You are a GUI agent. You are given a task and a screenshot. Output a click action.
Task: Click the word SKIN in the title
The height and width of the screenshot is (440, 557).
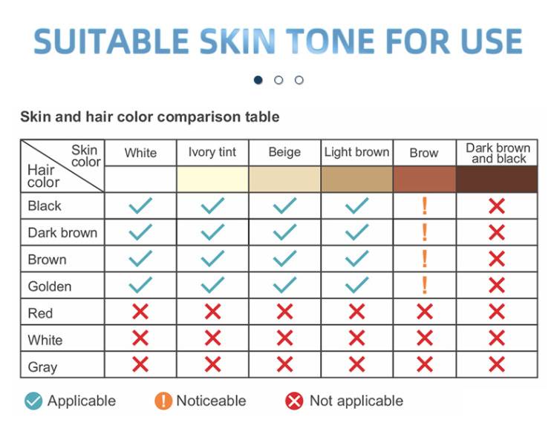coord(238,41)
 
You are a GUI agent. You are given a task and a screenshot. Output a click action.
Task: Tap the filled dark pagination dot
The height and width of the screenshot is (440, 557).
coord(258,80)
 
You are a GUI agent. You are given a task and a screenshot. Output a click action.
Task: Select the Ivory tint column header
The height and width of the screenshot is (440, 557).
coord(212,152)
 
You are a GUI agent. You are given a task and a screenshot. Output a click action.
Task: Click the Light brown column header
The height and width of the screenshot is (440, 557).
coord(356,152)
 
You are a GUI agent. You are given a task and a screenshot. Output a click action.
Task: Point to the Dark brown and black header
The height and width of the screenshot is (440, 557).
coord(498,154)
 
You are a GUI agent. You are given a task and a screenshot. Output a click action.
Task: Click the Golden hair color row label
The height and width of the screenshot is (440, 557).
coord(49,286)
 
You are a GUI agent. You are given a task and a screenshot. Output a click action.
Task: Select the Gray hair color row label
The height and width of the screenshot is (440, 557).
coord(42,367)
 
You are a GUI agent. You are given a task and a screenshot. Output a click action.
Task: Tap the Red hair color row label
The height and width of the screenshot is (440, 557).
coord(40,313)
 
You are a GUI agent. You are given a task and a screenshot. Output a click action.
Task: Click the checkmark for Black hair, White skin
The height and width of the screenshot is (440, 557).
coord(140,206)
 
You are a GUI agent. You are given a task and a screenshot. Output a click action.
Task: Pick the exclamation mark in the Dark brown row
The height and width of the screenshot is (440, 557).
coord(424,232)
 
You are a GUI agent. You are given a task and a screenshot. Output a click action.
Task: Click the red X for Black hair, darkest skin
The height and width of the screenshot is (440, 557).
coord(497,206)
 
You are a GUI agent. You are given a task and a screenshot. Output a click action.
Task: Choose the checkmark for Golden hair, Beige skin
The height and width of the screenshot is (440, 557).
coord(284,285)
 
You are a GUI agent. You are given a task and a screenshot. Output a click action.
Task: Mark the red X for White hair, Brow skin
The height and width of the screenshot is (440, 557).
coord(425,338)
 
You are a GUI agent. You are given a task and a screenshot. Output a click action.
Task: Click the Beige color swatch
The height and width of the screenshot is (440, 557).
coord(285,180)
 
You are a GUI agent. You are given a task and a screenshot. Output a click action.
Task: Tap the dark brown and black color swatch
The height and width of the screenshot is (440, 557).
coord(497,180)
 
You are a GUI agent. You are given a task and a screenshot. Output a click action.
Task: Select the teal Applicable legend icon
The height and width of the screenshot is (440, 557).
coord(33,401)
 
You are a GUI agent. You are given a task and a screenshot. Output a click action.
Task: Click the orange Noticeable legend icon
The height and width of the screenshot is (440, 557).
coord(163,401)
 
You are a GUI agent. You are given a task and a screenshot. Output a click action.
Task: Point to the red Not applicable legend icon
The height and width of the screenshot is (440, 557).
coord(294,401)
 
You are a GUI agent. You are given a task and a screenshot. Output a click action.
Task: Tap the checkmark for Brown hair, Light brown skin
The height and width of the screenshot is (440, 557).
coord(356,259)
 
